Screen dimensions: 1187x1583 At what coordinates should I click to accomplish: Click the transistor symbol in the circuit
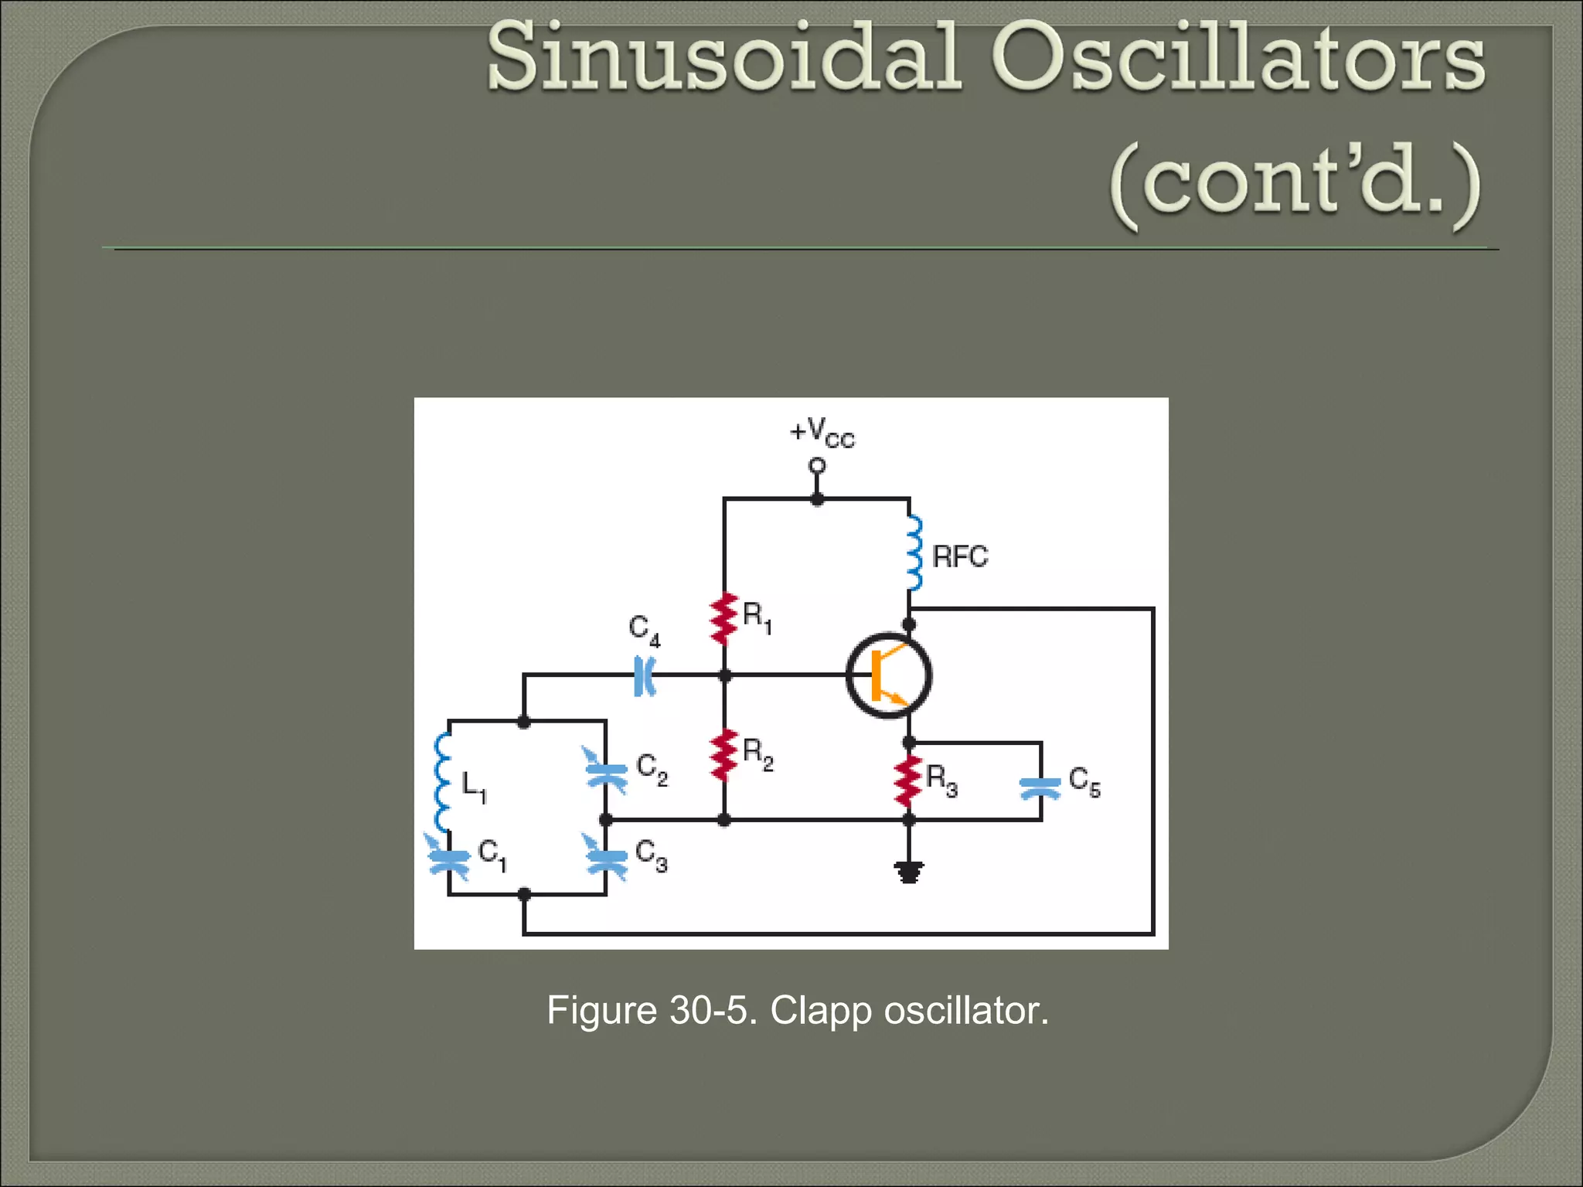click(x=889, y=676)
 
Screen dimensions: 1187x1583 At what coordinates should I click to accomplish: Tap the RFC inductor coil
click(x=914, y=554)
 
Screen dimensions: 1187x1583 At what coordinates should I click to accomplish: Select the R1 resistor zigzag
click(x=724, y=618)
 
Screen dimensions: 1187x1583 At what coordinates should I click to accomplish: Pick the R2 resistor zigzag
click(x=724, y=755)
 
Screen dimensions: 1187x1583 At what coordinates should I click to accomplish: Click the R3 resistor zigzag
click(x=909, y=782)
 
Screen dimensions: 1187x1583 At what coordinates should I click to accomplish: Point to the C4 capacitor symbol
click(x=643, y=676)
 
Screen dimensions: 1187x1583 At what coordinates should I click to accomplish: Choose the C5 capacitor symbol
click(x=1040, y=787)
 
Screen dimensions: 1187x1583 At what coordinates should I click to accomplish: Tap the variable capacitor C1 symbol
click(x=448, y=859)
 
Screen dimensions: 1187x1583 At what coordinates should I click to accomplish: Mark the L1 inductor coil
click(x=443, y=781)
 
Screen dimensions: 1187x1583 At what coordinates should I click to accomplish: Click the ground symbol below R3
click(x=909, y=872)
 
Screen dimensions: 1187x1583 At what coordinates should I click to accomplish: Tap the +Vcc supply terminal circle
click(x=817, y=466)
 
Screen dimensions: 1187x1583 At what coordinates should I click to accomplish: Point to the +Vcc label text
click(x=822, y=433)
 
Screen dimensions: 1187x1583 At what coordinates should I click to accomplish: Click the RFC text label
click(x=960, y=556)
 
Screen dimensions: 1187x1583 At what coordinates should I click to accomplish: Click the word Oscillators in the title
click(x=1237, y=58)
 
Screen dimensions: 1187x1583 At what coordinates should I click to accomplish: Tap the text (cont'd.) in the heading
click(x=1295, y=185)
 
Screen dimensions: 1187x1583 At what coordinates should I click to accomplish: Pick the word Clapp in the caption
click(x=821, y=1010)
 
